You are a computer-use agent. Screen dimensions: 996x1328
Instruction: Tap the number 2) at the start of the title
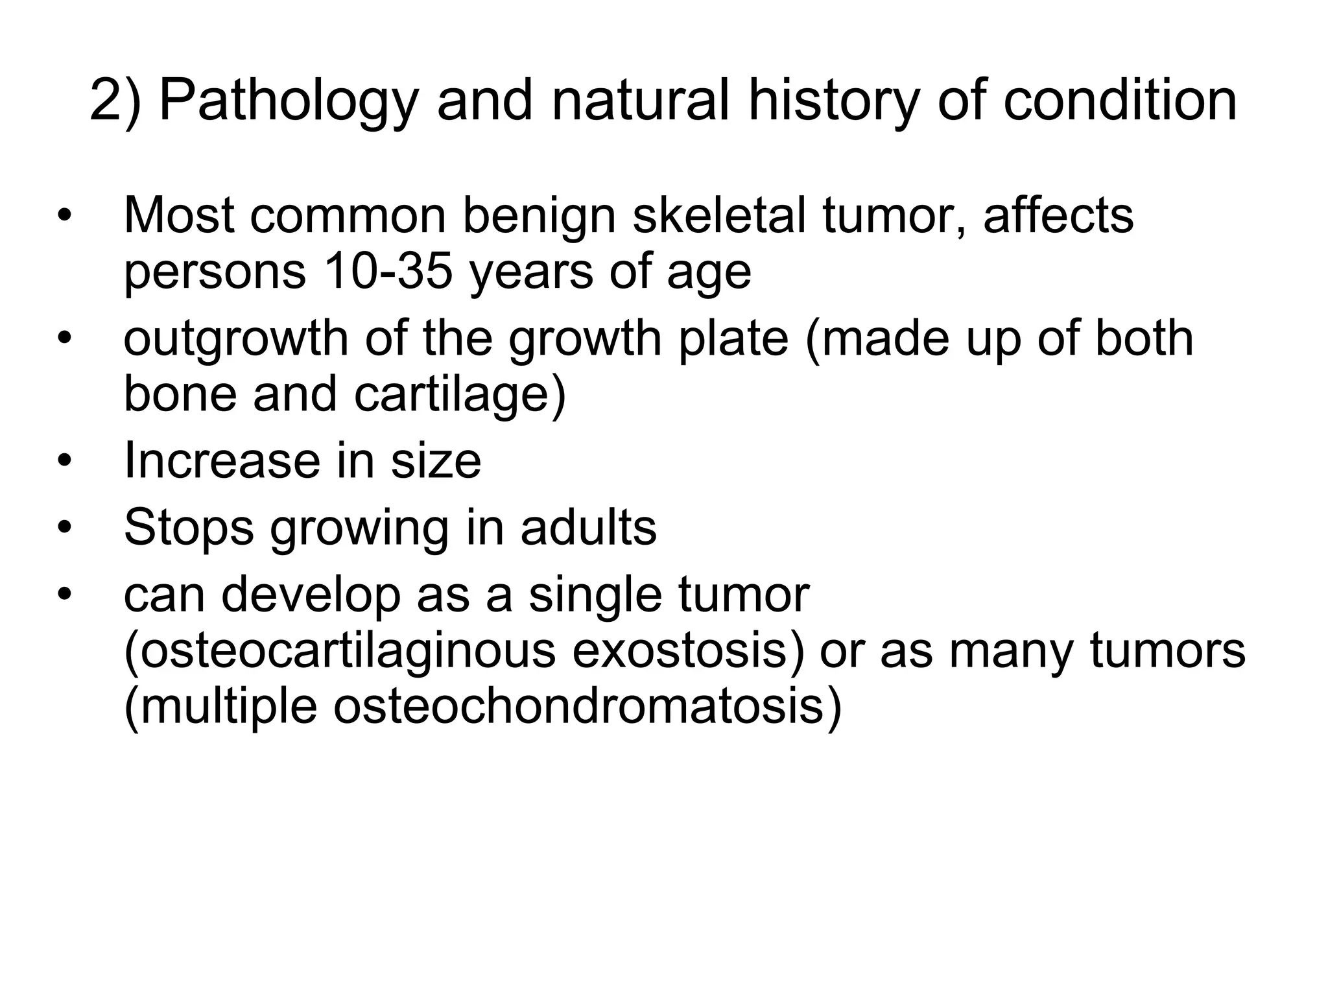point(115,102)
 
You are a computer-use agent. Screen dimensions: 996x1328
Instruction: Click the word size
point(436,460)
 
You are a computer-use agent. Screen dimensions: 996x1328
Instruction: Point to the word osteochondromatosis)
point(587,707)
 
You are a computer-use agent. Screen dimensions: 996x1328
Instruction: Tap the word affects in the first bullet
point(1058,215)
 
